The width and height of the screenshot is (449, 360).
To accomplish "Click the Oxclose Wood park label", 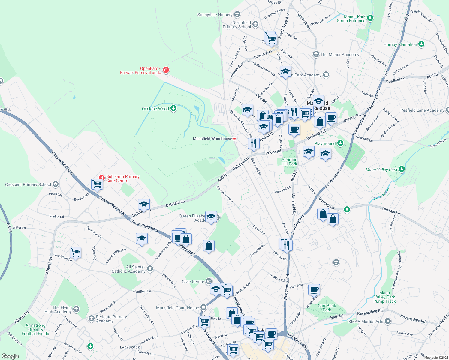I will pos(155,109).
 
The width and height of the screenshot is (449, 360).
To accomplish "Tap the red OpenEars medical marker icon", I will pos(166,70).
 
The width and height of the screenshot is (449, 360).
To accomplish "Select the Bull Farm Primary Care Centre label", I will pos(123,179).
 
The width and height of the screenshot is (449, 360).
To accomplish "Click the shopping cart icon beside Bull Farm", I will pos(97,184).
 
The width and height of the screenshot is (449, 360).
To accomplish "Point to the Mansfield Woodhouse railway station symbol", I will pos(234,139).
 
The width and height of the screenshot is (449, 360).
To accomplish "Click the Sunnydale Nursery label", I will pos(215,15).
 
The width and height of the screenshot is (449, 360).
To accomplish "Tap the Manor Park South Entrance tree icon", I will pos(370,18).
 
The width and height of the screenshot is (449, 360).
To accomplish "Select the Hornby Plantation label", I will pos(400,44).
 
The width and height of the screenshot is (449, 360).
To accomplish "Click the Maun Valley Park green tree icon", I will pos(402,169).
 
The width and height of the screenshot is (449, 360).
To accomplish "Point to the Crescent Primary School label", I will pos(28,184).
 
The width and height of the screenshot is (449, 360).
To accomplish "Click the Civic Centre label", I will pos(193,282).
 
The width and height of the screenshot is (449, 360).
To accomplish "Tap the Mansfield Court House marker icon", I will pos(203,307).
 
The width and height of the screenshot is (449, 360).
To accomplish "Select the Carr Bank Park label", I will pos(327,308).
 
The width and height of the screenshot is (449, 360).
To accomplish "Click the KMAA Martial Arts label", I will pos(366,322).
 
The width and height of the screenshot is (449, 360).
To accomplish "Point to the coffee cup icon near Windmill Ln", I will pos(314,289).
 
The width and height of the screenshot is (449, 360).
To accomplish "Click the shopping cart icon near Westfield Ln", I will pos(75,252).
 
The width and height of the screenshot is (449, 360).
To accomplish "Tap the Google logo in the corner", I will pos(10,356).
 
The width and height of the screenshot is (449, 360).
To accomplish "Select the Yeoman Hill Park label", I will pos(289,162).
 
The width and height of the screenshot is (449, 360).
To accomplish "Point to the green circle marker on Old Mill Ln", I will pos(347,209).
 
